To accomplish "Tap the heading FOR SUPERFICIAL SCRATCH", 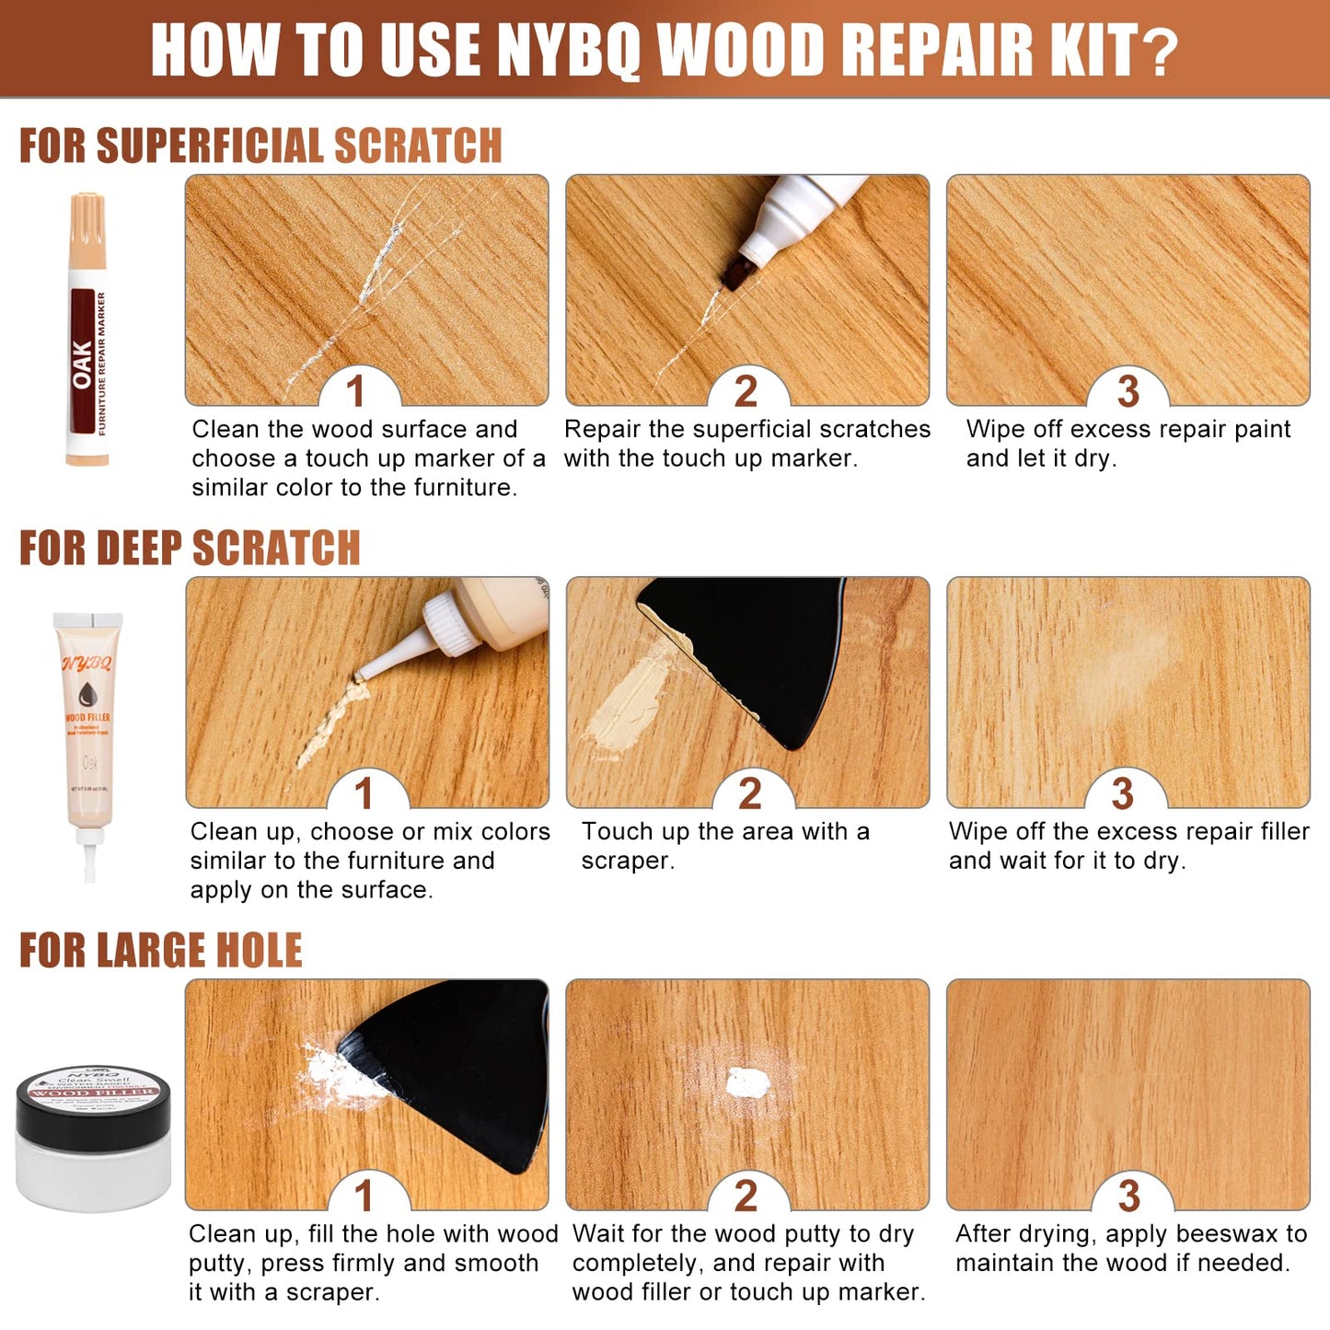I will [x=260, y=146].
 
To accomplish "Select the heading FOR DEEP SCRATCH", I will [x=190, y=549].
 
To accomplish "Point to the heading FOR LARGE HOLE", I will [x=161, y=951].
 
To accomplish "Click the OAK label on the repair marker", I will [x=83, y=364].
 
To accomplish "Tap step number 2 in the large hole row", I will [x=746, y=1196].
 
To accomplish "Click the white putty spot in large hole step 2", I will [x=746, y=1083].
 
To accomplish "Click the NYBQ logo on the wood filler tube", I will [x=87, y=664].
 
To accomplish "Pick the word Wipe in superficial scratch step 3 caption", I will [x=994, y=429].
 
